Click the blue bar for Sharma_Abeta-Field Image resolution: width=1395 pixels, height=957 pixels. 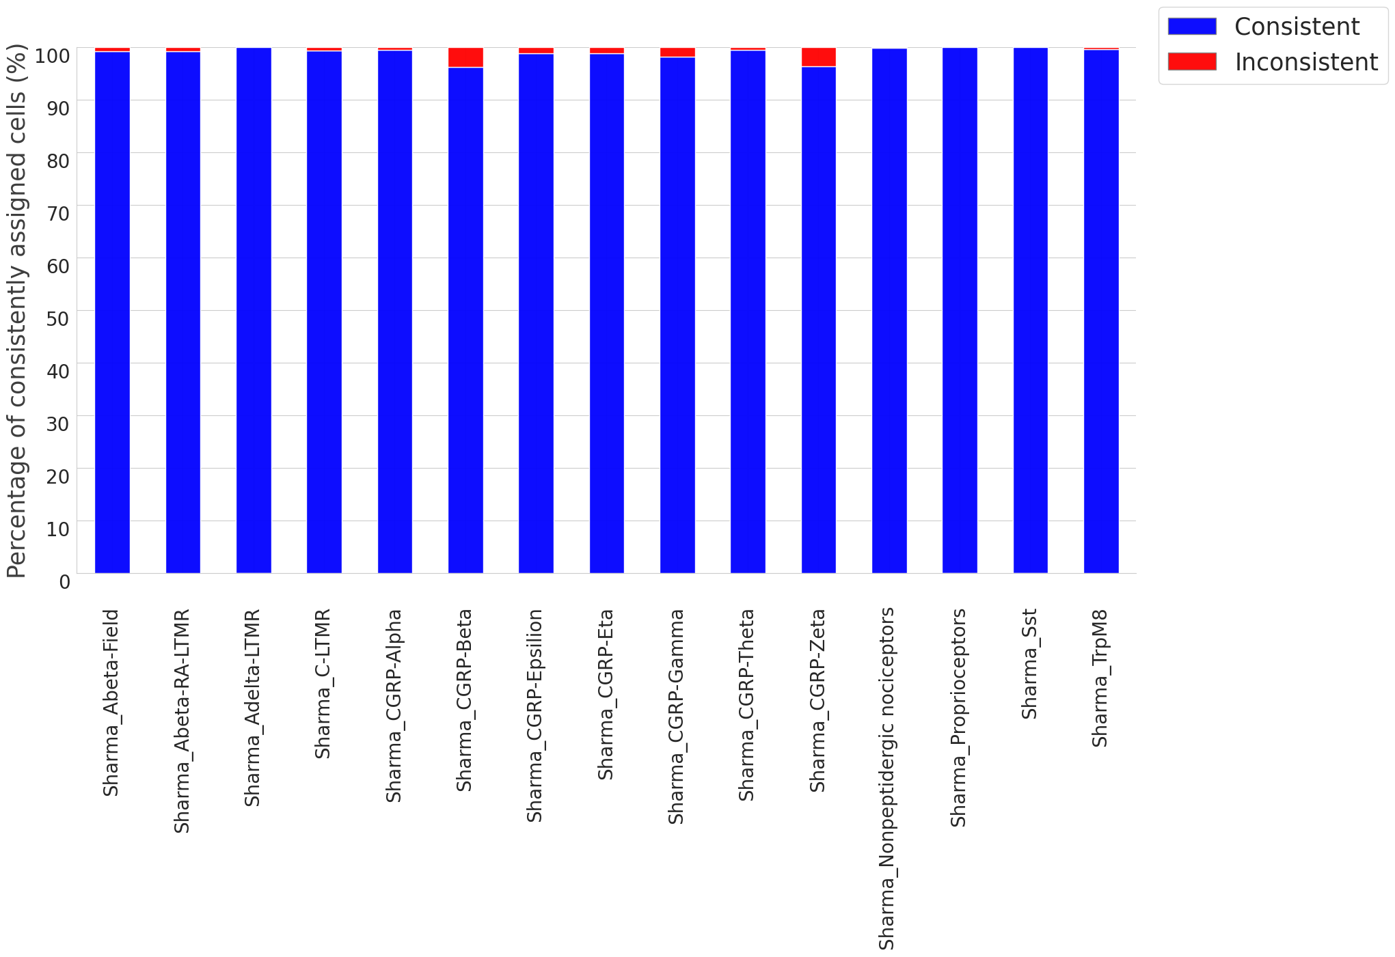(x=112, y=312)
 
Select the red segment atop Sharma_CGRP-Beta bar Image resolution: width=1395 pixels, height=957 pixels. (x=465, y=57)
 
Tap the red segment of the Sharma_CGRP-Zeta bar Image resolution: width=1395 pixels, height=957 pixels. (x=819, y=57)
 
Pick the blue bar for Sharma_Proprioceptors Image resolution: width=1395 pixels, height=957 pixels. (x=960, y=310)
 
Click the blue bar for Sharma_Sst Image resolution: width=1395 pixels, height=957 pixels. (x=1031, y=310)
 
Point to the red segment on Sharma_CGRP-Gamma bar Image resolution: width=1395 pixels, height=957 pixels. (x=677, y=53)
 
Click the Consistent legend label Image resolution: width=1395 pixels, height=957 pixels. (x=1297, y=27)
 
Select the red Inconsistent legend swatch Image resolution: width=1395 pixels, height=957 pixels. (x=1192, y=61)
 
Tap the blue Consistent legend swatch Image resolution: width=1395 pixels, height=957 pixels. (x=1192, y=26)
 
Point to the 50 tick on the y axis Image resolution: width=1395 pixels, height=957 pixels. (x=58, y=318)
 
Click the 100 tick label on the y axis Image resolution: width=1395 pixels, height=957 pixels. (x=52, y=55)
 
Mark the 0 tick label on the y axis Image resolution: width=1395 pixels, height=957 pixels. (x=64, y=582)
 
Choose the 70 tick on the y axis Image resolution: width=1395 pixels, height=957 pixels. (x=58, y=213)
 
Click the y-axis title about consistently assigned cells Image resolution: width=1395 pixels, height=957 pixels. (x=16, y=311)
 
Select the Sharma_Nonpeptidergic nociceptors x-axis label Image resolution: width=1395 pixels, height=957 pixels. (x=886, y=779)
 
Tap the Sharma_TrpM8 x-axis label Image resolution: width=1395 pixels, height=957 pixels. (x=1099, y=678)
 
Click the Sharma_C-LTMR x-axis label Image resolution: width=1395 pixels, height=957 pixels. (x=322, y=684)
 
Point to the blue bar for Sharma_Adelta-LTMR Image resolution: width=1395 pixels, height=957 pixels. (x=254, y=310)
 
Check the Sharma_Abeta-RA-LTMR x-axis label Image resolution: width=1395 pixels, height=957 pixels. (x=181, y=721)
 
